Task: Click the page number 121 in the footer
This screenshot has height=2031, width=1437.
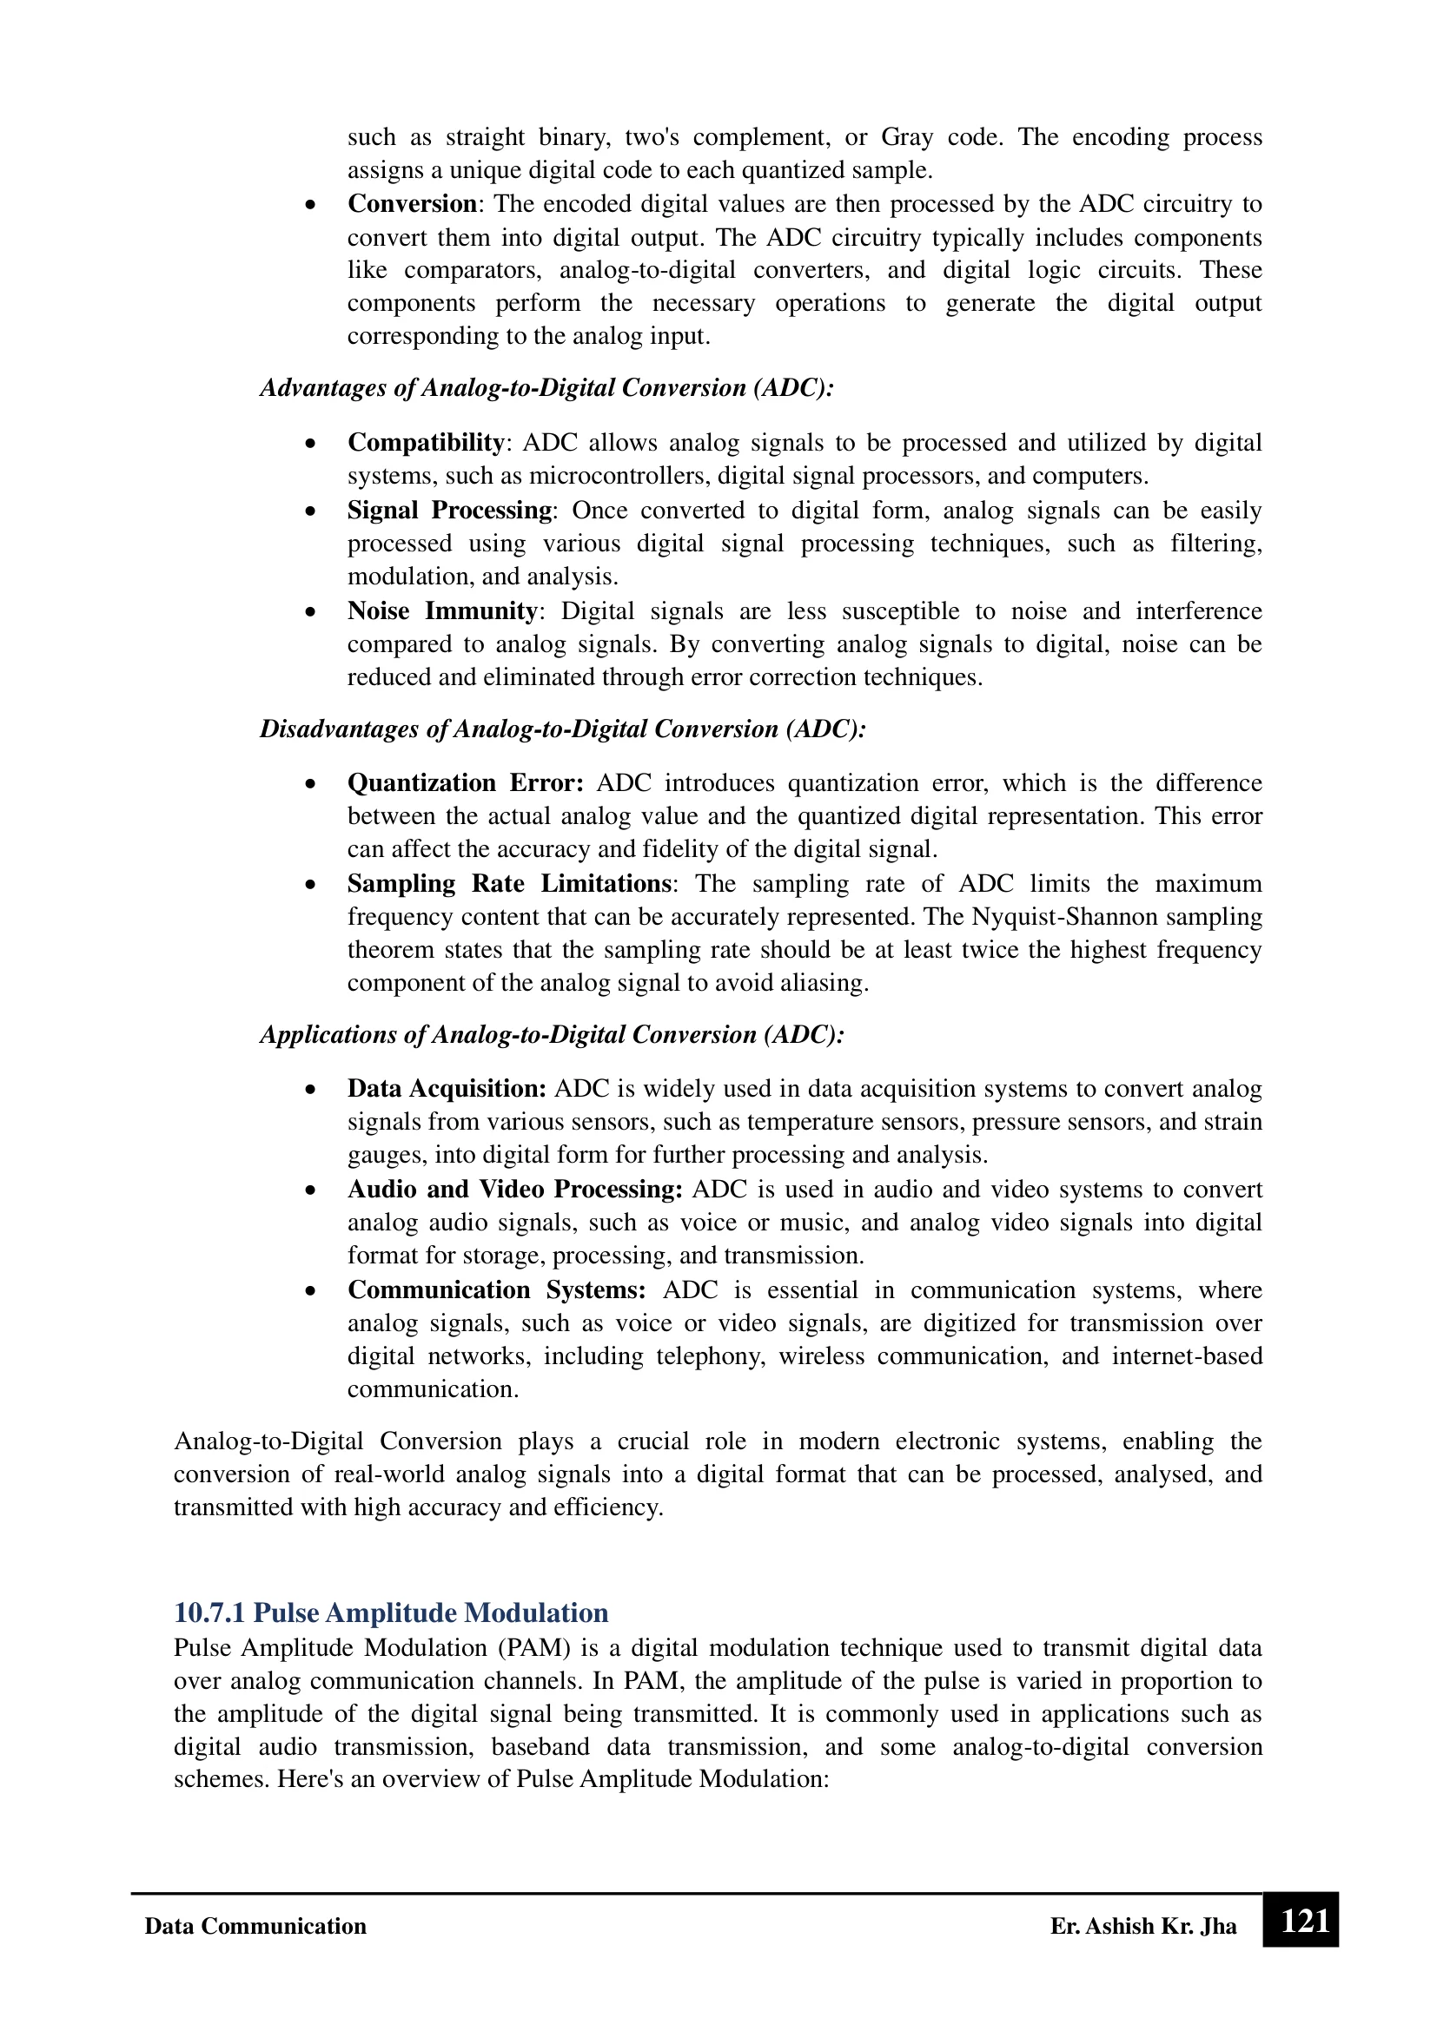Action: coord(1304,1922)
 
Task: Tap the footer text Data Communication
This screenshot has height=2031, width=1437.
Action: coord(255,1926)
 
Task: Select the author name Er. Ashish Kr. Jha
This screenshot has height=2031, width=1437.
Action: coord(1143,1926)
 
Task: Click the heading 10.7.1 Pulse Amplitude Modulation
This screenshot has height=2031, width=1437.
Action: coord(391,1612)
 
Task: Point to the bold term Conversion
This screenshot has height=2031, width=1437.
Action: coord(412,203)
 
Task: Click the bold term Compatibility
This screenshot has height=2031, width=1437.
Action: coord(426,442)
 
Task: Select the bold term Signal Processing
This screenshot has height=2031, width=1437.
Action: coord(449,511)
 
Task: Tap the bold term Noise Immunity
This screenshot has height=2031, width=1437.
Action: coord(442,611)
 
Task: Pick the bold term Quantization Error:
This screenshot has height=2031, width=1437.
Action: coord(466,783)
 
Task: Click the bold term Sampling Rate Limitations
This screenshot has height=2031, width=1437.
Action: coord(509,884)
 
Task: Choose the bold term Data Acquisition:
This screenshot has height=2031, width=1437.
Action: coord(447,1088)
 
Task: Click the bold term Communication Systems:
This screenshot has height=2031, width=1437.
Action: coord(496,1289)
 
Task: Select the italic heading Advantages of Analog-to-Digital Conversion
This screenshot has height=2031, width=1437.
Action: coord(546,387)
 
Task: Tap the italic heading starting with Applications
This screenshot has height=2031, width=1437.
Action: coord(553,1034)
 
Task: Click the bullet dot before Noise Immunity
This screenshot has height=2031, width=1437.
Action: coord(309,612)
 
